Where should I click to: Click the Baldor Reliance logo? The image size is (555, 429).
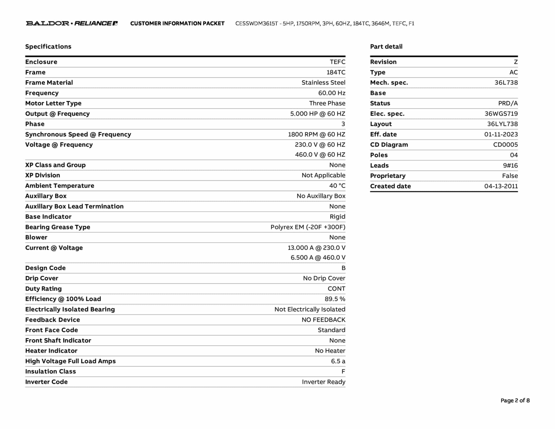[x=72, y=23]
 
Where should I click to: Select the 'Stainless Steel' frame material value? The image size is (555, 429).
[x=323, y=83]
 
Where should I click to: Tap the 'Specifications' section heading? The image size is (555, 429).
[x=48, y=47]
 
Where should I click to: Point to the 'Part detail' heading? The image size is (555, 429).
[x=386, y=47]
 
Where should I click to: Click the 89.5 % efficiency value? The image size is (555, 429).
[x=335, y=299]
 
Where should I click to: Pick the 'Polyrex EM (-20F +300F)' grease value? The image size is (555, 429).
[x=308, y=227]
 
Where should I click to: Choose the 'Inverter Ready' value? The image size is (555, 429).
[x=324, y=382]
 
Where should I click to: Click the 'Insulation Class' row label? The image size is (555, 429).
[x=50, y=372]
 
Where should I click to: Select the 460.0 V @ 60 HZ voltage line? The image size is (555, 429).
[x=320, y=155]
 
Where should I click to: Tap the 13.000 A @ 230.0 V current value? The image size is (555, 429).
[x=317, y=248]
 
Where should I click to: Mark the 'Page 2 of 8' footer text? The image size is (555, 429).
[x=515, y=401]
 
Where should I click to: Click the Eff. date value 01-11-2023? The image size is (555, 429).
[x=501, y=135]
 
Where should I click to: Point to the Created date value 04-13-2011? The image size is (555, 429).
[x=501, y=186]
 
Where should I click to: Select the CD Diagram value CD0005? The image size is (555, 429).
[x=505, y=145]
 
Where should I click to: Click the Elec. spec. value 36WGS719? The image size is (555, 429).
[x=501, y=114]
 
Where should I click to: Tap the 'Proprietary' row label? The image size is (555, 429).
[x=388, y=176]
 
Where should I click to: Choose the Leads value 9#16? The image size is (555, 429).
[x=510, y=165]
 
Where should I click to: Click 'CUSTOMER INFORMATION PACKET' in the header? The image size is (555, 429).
[x=177, y=24]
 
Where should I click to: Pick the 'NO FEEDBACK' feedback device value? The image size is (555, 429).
[x=323, y=320]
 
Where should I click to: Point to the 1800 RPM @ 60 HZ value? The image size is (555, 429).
[x=317, y=135]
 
